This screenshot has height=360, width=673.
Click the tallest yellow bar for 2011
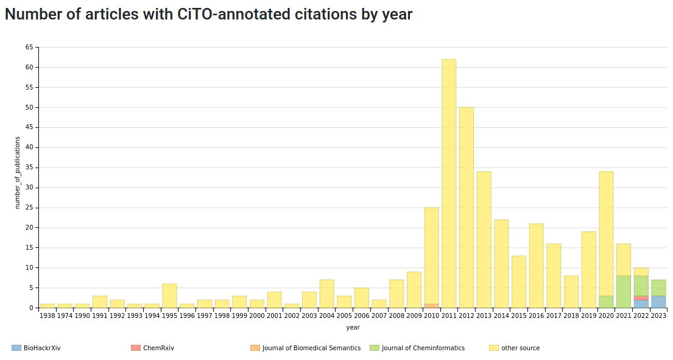[x=449, y=183]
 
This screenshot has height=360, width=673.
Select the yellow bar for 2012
[x=467, y=207]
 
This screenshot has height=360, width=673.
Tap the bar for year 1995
[x=169, y=295]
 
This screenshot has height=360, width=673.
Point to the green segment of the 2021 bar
[x=624, y=292]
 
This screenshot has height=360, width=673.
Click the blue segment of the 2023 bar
[x=659, y=302]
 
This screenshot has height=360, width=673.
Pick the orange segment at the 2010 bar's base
[x=432, y=306]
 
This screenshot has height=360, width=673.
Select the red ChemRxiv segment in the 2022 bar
[x=641, y=298]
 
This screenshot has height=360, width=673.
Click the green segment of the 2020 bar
[x=607, y=302]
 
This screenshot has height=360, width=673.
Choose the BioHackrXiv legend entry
[x=36, y=348]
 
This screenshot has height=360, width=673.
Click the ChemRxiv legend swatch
[x=136, y=348]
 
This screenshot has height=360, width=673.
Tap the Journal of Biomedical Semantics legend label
[x=312, y=348]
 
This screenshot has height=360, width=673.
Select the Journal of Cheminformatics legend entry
[x=417, y=348]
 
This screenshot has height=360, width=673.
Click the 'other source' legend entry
[x=515, y=348]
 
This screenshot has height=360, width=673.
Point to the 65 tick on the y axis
[x=29, y=47]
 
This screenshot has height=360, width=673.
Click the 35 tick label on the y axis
[x=29, y=168]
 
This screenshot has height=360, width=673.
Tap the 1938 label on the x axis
[x=48, y=316]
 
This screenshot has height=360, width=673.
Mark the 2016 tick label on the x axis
[x=537, y=316]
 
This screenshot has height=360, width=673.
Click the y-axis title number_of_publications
[x=18, y=172]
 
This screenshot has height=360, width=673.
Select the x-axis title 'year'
[x=353, y=327]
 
